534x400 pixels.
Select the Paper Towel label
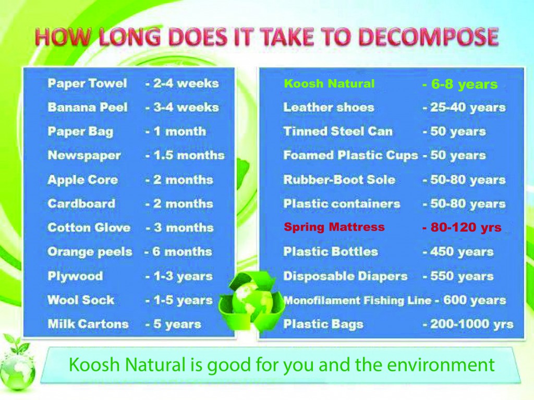pyautogui.click(x=87, y=83)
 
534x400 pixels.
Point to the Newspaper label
pyautogui.click(x=84, y=155)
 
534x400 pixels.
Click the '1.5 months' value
pyautogui.click(x=189, y=155)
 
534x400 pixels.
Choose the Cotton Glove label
pyautogui.click(x=89, y=227)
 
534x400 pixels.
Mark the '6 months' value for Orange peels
pyautogui.click(x=182, y=252)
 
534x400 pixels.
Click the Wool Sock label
pyautogui.click(x=81, y=300)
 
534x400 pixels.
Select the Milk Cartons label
pyautogui.click(x=88, y=324)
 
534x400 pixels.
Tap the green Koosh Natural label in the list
pyautogui.click(x=329, y=84)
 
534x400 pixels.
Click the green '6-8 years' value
pyautogui.click(x=464, y=84)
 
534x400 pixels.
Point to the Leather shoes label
pyautogui.click(x=329, y=107)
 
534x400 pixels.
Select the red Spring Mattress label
pyautogui.click(x=334, y=227)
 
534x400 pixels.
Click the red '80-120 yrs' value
pyautogui.click(x=466, y=227)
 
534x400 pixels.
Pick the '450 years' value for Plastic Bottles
pyautogui.click(x=462, y=252)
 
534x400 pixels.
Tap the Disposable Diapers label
pyautogui.click(x=345, y=276)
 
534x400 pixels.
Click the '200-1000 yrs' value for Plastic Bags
pyautogui.click(x=471, y=324)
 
